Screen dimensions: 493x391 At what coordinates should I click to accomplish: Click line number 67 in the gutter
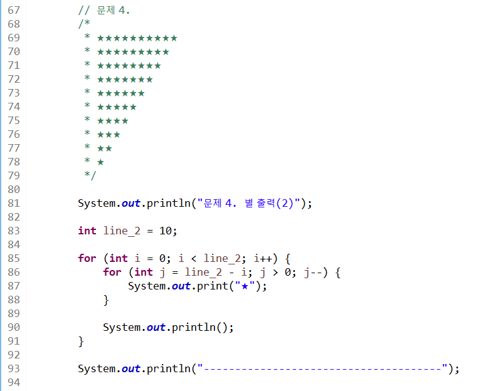point(14,10)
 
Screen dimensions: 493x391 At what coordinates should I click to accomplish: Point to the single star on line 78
point(100,162)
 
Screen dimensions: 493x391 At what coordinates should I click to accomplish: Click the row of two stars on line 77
point(105,149)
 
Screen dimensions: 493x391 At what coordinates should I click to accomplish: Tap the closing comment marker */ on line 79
point(90,175)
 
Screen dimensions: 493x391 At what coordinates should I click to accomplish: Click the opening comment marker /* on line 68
point(83,24)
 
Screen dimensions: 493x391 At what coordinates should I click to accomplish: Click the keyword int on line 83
point(87,231)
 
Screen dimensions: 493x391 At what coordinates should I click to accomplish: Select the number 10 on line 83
point(166,231)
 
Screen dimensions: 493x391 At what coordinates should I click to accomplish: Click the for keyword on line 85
point(87,258)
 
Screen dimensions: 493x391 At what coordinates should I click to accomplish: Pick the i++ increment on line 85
point(263,258)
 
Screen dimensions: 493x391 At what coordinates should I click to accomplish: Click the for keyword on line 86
point(112,272)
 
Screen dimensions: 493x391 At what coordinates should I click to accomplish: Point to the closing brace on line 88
point(106,300)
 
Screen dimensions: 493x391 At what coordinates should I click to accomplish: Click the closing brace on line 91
point(81,341)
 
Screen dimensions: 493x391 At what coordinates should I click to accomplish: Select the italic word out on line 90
point(156,327)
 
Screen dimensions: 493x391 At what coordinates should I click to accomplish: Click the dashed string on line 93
point(322,368)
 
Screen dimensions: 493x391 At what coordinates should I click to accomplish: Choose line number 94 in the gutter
point(14,383)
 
